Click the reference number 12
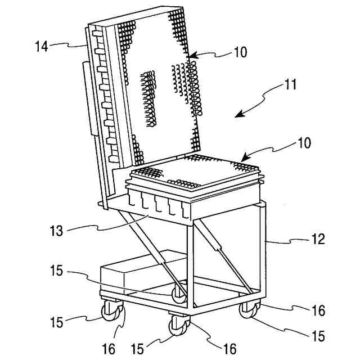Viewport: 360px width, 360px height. pos(318,240)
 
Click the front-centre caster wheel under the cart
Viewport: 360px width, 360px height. pos(179,325)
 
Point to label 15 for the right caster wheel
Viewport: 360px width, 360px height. pos(318,336)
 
